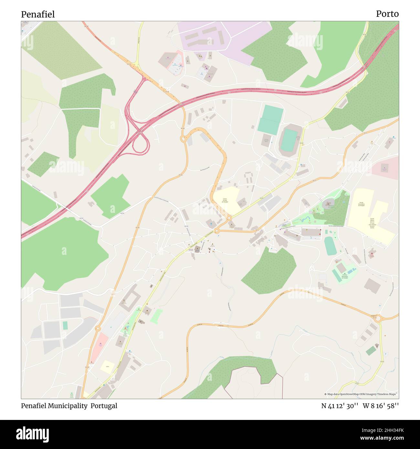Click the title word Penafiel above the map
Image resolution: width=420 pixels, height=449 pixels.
pos(38,14)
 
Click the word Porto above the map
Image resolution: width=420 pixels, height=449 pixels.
pos(387,14)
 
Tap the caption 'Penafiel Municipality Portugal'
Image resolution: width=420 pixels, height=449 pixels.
pos(69,406)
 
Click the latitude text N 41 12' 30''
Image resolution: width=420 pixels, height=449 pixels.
pos(340,406)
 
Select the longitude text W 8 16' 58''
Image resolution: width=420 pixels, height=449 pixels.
pos(381,406)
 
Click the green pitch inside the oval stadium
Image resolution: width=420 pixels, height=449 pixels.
pos(289,141)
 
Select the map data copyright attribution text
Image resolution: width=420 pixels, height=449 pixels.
pos(361,394)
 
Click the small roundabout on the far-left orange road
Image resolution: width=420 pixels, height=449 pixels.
pos(97,329)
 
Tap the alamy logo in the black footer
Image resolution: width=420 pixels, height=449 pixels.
pos(33,434)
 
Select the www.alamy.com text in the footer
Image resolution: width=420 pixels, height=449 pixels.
pos(380,438)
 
